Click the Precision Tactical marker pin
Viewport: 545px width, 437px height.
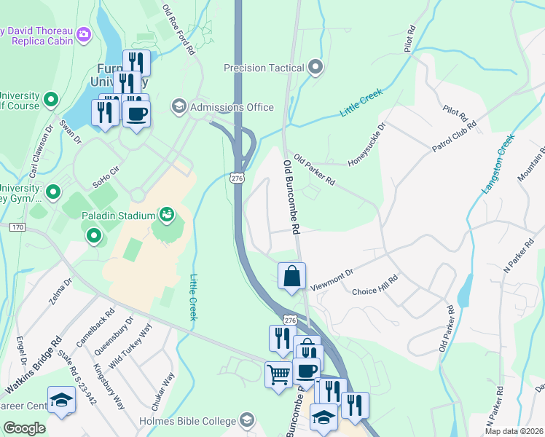(315, 68)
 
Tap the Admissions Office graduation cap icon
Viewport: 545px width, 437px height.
(179, 107)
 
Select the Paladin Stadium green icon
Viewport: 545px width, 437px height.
(167, 215)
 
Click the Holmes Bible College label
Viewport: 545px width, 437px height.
(187, 421)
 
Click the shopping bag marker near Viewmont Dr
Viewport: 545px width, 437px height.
(291, 277)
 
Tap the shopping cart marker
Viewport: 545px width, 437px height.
(279, 375)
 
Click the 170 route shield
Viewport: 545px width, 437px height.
(17, 228)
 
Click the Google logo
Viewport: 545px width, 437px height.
(24, 428)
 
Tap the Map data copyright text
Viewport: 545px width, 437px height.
(514, 431)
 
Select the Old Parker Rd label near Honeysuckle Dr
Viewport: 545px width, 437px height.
(315, 174)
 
